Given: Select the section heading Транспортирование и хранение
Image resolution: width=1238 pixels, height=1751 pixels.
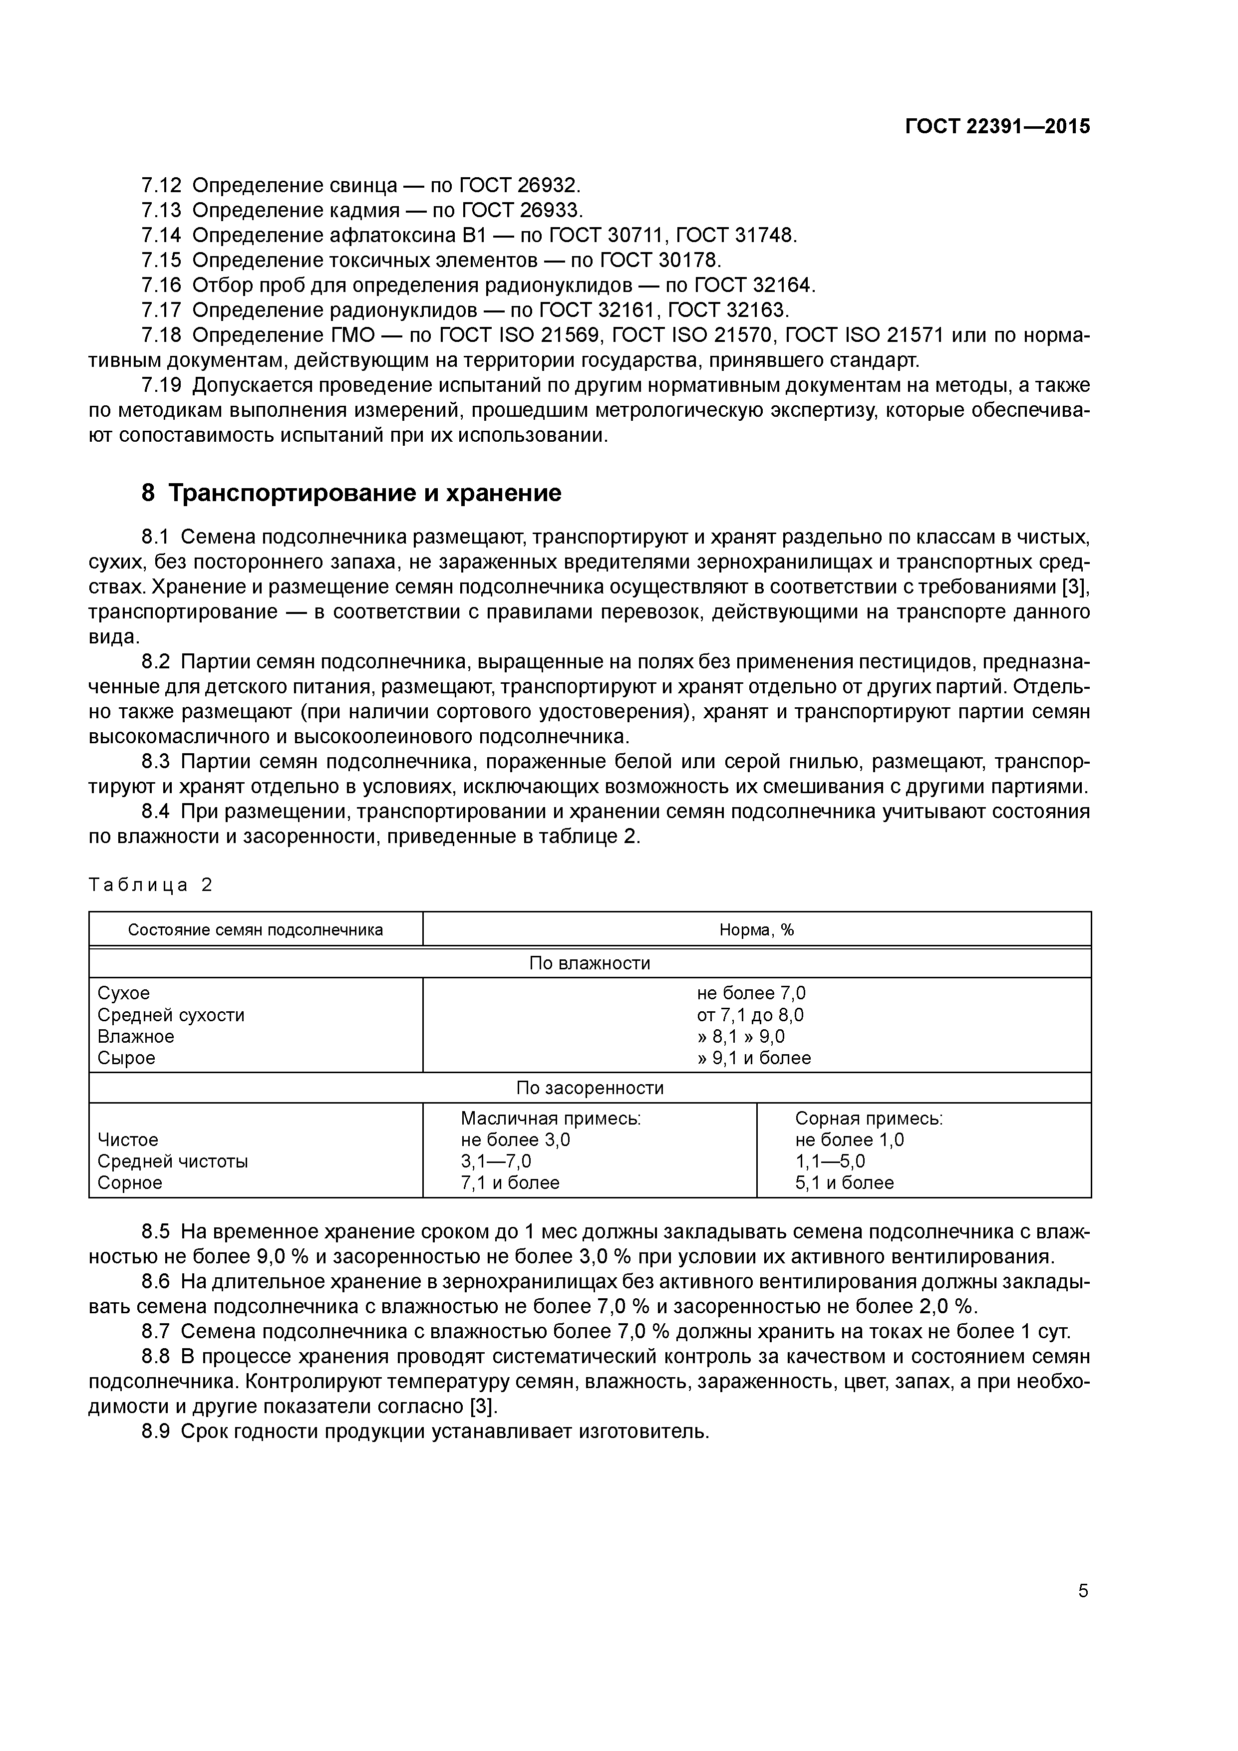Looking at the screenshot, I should (x=364, y=494).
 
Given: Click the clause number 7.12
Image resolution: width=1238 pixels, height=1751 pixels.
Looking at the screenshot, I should (x=161, y=185).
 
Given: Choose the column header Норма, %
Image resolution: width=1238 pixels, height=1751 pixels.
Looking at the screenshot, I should (x=757, y=929).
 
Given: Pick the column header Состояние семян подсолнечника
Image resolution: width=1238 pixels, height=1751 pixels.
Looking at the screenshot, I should (x=256, y=929).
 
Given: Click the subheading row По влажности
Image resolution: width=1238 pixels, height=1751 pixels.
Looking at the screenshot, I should (x=590, y=963).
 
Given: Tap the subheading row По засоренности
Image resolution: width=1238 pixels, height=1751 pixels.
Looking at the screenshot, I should (x=590, y=1088).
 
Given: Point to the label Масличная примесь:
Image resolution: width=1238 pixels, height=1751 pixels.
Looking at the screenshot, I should (x=550, y=1119).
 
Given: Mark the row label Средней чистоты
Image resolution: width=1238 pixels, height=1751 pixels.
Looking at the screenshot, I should (x=172, y=1162).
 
